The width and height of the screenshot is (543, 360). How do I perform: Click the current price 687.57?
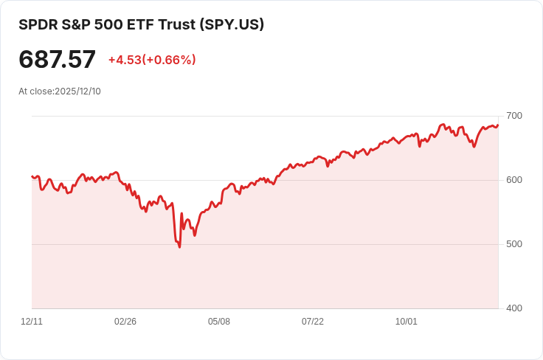pos(57,60)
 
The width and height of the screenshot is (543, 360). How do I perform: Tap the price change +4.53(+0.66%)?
pos(152,60)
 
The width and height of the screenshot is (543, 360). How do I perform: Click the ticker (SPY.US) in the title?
pos(232,24)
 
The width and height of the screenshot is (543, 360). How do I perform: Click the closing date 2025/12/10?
pos(77,91)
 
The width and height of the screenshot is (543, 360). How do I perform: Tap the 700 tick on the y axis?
pos(514,116)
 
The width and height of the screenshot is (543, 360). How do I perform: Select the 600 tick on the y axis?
pos(514,180)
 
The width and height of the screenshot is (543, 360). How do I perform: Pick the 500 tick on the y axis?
pos(514,244)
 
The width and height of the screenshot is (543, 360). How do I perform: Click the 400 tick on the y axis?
pos(514,308)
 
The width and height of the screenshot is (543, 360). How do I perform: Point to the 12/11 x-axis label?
pos(32,322)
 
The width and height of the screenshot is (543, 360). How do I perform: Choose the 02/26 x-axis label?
pos(125,322)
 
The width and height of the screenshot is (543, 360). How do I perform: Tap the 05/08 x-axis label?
pos(219,322)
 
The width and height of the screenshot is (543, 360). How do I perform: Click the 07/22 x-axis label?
pos(313,322)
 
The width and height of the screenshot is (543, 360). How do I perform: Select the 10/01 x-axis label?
pos(407,322)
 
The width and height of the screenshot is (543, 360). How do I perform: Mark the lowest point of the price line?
pos(179,247)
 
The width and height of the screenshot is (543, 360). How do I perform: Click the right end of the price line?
pos(498,125)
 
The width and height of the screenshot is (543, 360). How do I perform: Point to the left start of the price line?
pos(32,176)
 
